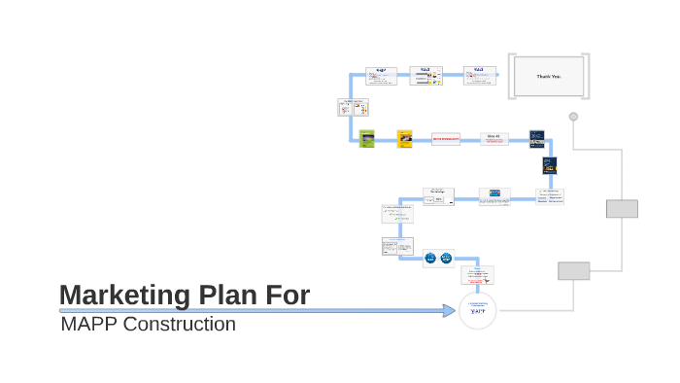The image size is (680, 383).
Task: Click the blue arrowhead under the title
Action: (449, 311)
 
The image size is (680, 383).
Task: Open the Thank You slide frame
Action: (549, 76)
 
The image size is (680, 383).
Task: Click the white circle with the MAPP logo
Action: (477, 310)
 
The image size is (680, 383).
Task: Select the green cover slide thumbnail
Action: (366, 138)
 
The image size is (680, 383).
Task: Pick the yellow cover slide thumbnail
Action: (404, 138)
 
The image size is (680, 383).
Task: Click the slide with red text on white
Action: (446, 139)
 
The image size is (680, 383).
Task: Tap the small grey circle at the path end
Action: (573, 117)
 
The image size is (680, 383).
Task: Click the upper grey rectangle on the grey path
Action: (622, 209)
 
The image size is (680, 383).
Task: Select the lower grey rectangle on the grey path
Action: (573, 271)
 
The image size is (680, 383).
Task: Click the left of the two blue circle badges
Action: (430, 259)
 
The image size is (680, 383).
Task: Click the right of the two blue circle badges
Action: (446, 259)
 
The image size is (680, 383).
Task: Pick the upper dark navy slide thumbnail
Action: (536, 139)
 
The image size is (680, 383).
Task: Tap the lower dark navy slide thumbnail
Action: (550, 166)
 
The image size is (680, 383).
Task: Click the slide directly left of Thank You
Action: (479, 76)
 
